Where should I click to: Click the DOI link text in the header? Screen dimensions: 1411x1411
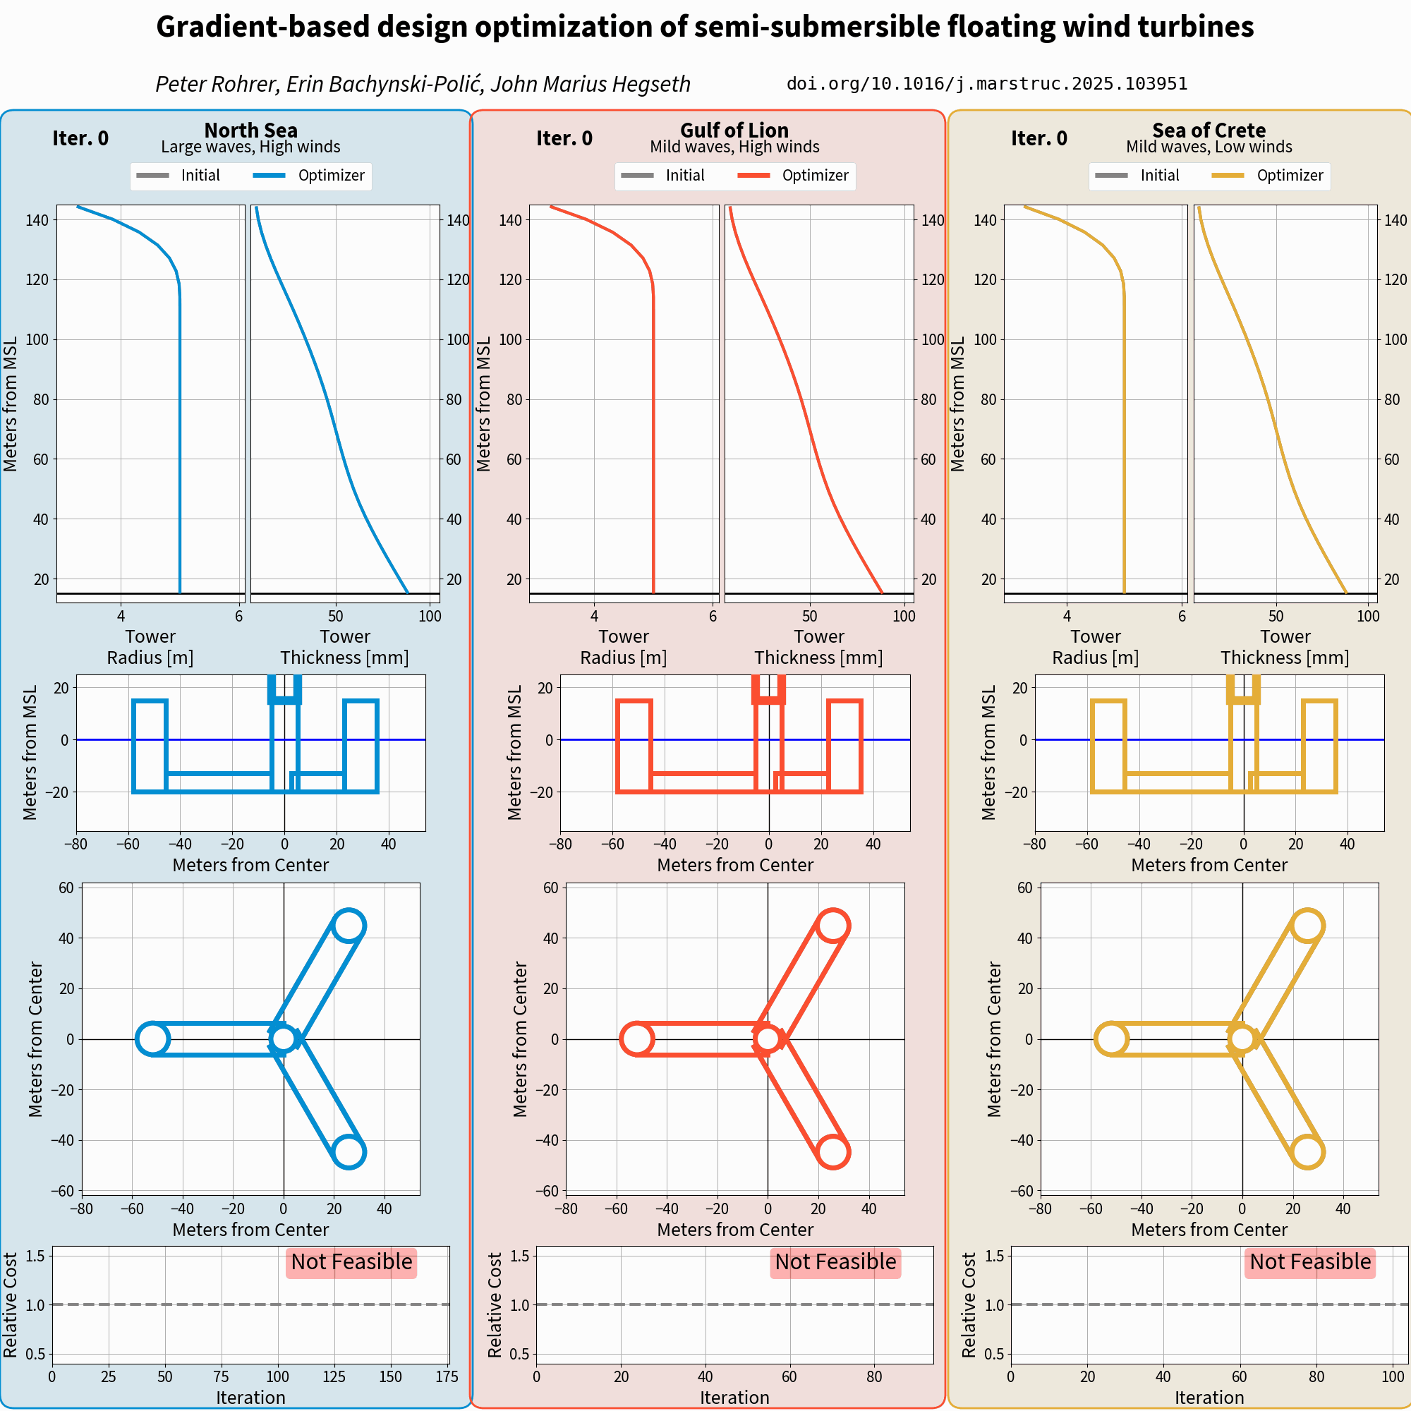click(987, 84)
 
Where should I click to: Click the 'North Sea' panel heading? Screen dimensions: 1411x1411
click(250, 130)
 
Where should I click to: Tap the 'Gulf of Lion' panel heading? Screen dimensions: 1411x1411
click(734, 130)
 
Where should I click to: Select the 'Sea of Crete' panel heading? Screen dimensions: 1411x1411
click(1209, 130)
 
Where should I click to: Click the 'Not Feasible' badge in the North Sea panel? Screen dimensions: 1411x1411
click(351, 1262)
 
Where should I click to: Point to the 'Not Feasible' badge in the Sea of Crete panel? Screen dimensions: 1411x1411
click(1309, 1262)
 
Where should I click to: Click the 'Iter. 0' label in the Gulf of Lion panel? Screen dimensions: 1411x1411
click(564, 138)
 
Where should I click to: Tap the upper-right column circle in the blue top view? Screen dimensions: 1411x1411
click(349, 926)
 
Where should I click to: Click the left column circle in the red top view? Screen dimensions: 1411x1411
click(636, 1038)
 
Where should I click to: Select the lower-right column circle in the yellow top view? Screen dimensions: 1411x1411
click(1307, 1152)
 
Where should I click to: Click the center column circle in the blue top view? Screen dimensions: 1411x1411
click(284, 1038)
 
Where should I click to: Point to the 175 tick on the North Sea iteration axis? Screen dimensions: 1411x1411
click(447, 1376)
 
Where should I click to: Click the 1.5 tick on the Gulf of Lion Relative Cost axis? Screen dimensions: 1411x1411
click(519, 1256)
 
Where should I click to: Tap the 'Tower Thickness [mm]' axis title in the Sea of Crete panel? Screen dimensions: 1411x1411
click(1285, 647)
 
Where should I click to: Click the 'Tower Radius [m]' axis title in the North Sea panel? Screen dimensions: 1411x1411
click(150, 647)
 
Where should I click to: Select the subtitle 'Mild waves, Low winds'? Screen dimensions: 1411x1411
click(1209, 147)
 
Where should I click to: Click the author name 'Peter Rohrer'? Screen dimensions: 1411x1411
click(216, 84)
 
